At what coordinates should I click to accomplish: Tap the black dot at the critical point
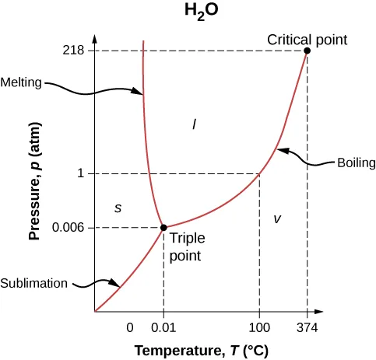click(307, 51)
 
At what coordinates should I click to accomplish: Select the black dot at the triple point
click(163, 227)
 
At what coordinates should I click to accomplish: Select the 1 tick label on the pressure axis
click(80, 173)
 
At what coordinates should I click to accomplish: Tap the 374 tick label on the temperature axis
click(307, 326)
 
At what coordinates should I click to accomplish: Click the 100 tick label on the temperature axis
click(259, 326)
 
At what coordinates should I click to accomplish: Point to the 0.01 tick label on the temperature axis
click(163, 326)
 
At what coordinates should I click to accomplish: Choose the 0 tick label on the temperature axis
click(130, 326)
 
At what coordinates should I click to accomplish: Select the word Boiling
click(355, 163)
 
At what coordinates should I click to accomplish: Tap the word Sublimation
click(34, 283)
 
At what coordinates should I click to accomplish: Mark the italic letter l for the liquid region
click(194, 123)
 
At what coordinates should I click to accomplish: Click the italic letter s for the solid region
click(118, 207)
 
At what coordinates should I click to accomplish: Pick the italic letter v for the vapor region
click(276, 219)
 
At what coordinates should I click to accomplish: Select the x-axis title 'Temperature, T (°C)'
click(201, 351)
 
